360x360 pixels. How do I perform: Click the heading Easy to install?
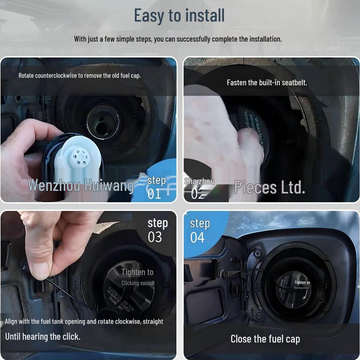[x=179, y=16]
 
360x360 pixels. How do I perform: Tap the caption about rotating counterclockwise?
[x=79, y=76]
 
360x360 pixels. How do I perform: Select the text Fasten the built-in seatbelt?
[x=267, y=83]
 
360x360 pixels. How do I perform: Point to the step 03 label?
[x=157, y=230]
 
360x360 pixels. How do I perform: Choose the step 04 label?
[x=199, y=231]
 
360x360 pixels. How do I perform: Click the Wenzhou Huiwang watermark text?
[x=81, y=185]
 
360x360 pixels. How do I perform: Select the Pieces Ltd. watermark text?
[x=270, y=188]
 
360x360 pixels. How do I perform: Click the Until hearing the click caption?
[x=43, y=336]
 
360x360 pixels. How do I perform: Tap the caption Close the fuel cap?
[x=265, y=339]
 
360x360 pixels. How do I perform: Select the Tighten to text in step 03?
[x=137, y=272]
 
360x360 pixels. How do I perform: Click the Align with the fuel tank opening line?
[x=84, y=321]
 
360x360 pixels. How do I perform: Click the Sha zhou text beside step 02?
[x=199, y=181]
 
